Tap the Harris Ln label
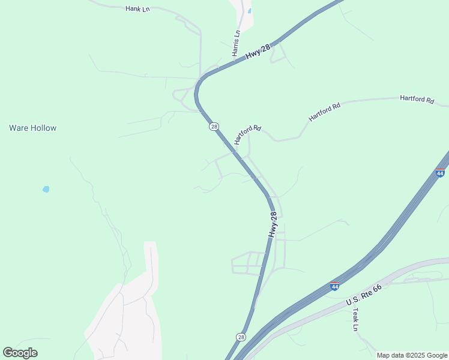[x=237, y=43]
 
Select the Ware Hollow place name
[x=33, y=128]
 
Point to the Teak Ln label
[x=355, y=320]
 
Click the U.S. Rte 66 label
[x=364, y=293]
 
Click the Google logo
[x=20, y=353]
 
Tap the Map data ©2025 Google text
[x=411, y=355]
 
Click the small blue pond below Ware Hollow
[x=46, y=189]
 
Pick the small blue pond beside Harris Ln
[x=249, y=11]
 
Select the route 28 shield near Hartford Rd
[x=214, y=127]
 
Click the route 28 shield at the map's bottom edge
[x=241, y=337]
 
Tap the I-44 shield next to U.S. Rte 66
[x=335, y=286]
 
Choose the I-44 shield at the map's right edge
[x=440, y=173]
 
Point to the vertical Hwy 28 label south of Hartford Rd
[x=274, y=224]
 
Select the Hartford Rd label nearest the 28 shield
[x=248, y=134]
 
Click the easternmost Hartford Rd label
[x=417, y=100]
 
